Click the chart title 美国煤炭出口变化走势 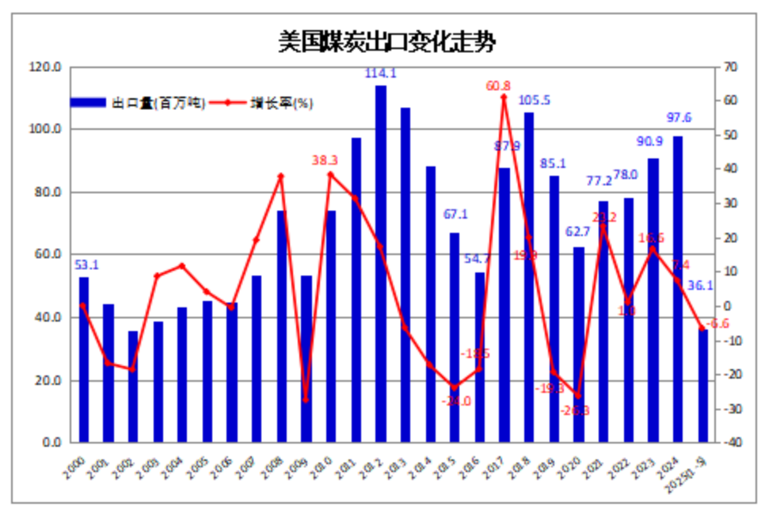click(386, 41)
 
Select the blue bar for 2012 click(381, 264)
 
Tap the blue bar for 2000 click(84, 360)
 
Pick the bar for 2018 click(529, 277)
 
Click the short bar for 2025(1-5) click(702, 386)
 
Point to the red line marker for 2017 click(504, 97)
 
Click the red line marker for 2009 click(306, 399)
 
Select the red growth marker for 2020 click(579, 395)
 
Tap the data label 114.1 click(381, 74)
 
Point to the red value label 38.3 click(325, 160)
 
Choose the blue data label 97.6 click(677, 118)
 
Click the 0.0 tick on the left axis click(52, 443)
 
